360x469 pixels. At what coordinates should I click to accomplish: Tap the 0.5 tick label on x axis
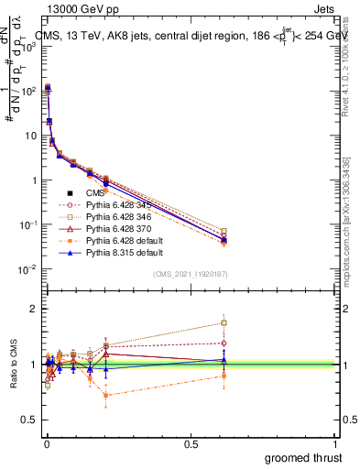191,443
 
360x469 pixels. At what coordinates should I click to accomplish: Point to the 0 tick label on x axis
46,443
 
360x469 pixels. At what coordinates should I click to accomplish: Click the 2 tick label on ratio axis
34,309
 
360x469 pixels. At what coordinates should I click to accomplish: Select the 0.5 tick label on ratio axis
29,420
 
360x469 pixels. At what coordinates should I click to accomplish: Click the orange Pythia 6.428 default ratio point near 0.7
107,396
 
